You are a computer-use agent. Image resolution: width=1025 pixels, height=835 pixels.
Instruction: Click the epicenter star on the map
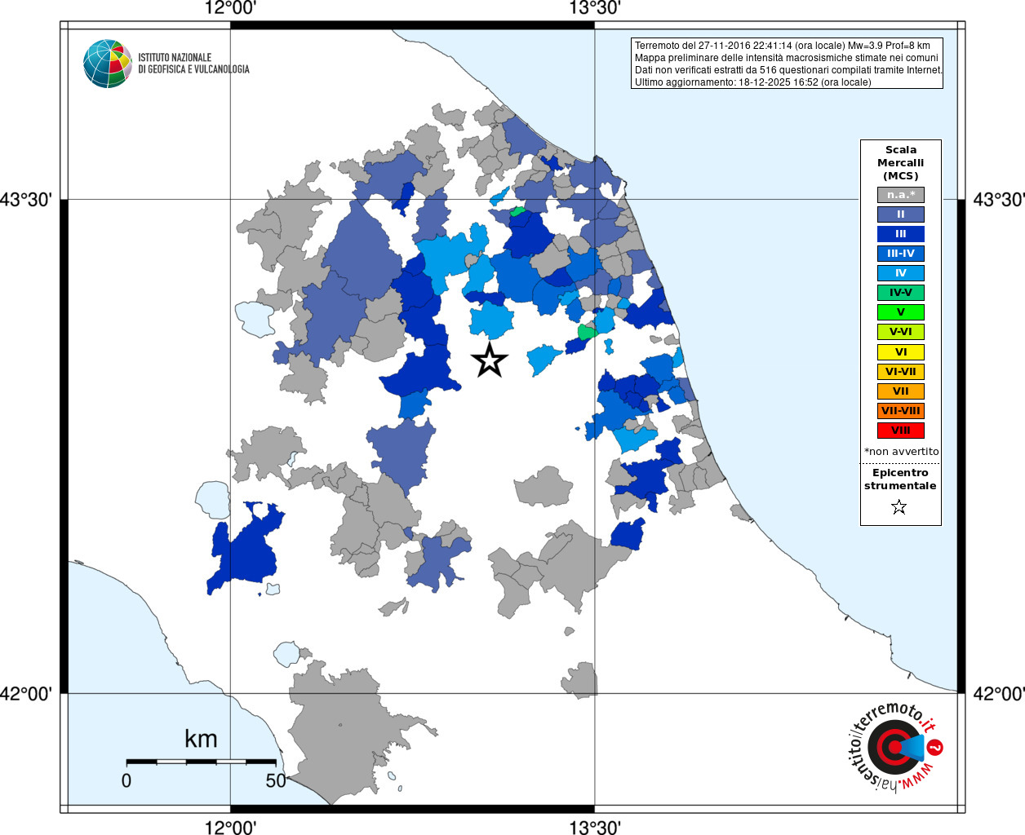tap(490, 360)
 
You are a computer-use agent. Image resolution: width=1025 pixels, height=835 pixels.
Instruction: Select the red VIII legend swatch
tap(900, 431)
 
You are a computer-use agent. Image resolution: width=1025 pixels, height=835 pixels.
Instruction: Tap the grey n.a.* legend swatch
tap(900, 195)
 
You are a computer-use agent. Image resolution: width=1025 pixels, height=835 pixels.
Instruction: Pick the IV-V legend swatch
tap(900, 293)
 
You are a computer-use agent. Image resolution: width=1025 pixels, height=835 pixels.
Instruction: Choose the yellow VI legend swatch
tap(900, 352)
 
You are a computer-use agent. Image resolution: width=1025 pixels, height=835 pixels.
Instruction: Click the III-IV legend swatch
tap(900, 254)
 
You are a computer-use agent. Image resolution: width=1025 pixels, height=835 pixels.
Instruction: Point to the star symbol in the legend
tap(899, 507)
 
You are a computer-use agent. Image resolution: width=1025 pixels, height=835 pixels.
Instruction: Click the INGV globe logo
tap(108, 64)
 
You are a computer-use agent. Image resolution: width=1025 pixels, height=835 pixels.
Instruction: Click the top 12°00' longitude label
tap(230, 9)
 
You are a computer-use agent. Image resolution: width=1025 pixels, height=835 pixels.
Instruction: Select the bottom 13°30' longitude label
tap(595, 828)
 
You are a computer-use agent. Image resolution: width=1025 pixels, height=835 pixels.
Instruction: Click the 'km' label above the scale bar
tap(201, 739)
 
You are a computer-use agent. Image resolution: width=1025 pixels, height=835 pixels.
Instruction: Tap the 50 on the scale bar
tap(276, 780)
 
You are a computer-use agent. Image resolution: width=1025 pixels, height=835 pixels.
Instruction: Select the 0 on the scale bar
tap(126, 780)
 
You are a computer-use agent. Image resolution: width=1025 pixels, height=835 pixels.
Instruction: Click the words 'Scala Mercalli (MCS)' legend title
tap(900, 162)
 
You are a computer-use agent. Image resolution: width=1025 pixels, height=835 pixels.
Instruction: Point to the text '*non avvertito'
tap(901, 451)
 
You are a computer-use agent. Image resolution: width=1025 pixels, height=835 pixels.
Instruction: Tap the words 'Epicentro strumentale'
tap(900, 479)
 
